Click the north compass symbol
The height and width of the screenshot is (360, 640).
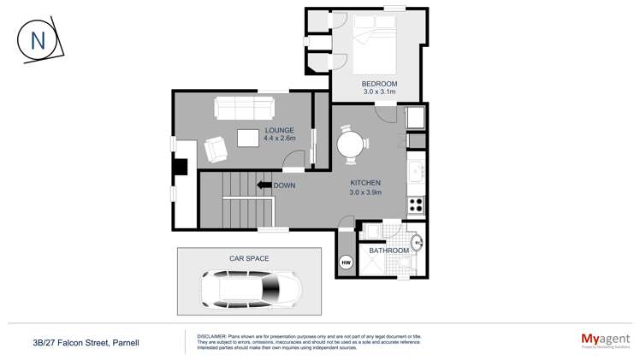(x=38, y=40)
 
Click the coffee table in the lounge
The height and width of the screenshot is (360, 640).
(x=249, y=138)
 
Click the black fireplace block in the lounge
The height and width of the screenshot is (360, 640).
(x=180, y=166)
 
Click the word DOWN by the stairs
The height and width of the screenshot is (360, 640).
(x=285, y=186)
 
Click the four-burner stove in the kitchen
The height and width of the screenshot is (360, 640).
(x=416, y=205)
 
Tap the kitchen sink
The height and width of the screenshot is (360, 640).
(x=417, y=172)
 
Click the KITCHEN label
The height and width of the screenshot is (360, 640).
(x=365, y=183)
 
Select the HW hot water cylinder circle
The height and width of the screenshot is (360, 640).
(x=347, y=263)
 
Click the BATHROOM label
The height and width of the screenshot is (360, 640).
(x=388, y=251)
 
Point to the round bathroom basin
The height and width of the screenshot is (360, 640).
(x=418, y=243)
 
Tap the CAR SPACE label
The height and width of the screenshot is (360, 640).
(x=249, y=258)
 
